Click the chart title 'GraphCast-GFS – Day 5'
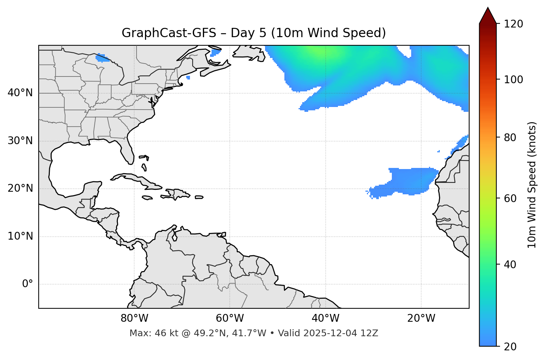click(254, 33)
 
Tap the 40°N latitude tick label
click(20, 93)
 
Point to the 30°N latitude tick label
click(20, 141)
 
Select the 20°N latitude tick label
click(20, 188)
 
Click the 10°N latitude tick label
click(20, 236)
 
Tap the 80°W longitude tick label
click(134, 318)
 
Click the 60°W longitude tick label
click(230, 318)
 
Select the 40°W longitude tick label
click(325, 318)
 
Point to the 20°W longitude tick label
click(421, 318)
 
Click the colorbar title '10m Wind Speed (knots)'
click(532, 185)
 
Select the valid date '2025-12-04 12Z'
click(341, 333)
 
